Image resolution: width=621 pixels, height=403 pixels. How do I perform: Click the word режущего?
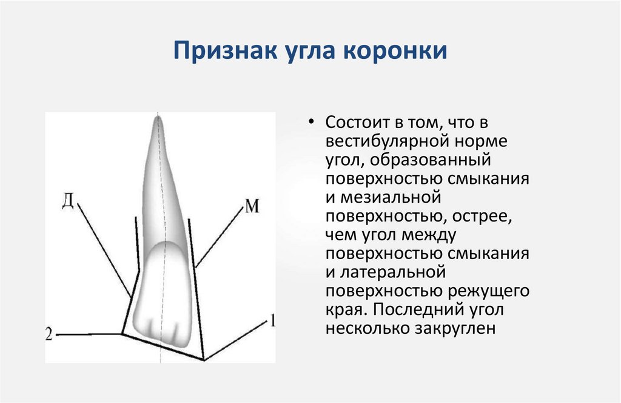489,292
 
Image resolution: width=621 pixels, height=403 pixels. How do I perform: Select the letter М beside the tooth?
252,207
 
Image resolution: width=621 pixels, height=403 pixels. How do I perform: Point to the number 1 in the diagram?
272,320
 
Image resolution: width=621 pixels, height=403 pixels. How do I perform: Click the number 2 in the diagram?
50,333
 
